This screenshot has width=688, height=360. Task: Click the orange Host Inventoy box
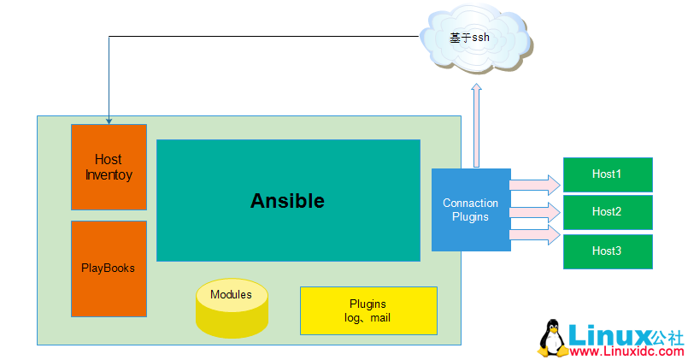(109, 167)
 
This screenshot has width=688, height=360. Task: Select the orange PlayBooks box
(109, 269)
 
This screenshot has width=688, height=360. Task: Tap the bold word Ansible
(287, 201)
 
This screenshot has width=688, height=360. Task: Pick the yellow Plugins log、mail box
(368, 310)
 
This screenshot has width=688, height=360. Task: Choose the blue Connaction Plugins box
(470, 210)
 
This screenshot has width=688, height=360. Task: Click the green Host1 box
(607, 174)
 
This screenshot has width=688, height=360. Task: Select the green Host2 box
(607, 212)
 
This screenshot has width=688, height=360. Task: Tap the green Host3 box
(607, 251)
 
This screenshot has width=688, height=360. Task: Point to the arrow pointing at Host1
(535, 184)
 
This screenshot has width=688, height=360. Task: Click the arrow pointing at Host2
(535, 210)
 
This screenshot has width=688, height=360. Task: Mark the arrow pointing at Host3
(535, 233)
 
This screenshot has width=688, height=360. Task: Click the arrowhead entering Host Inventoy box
(109, 121)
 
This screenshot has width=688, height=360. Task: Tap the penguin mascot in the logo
(551, 339)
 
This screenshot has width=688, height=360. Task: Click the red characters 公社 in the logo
(668, 335)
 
